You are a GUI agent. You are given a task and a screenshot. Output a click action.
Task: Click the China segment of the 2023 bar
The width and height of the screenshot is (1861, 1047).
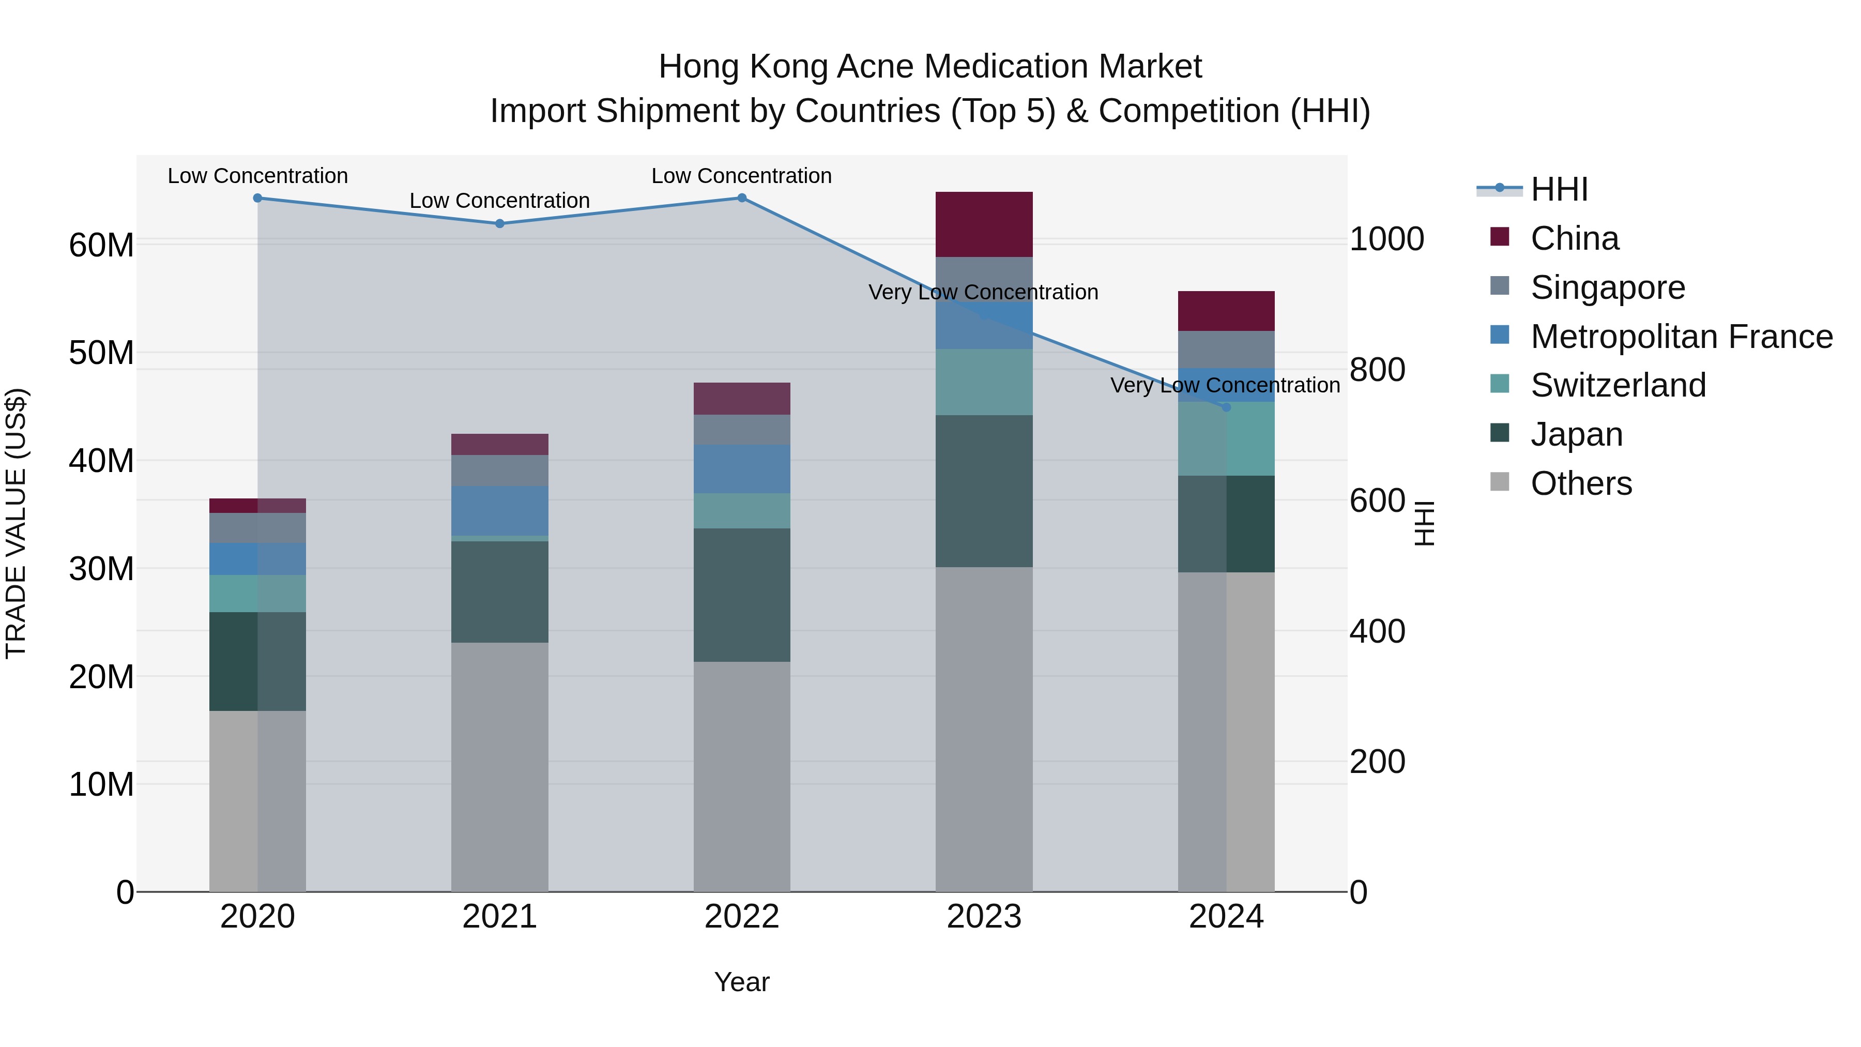[x=983, y=224]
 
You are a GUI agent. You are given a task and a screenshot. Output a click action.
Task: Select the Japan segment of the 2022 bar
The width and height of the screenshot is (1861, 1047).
[x=741, y=595]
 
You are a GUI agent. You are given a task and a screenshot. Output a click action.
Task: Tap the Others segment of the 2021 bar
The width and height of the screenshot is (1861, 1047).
[x=499, y=766]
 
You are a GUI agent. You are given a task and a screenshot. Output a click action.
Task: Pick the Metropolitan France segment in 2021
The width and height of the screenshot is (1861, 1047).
[x=499, y=510]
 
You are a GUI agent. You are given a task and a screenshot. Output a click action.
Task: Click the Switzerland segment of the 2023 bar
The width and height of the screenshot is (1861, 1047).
[x=983, y=382]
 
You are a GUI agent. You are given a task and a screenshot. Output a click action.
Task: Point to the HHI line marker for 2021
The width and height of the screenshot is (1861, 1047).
[x=499, y=223]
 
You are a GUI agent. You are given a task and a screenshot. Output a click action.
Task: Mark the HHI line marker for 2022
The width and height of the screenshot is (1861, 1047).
[x=741, y=198]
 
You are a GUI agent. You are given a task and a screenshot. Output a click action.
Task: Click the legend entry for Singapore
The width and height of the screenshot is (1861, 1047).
[x=1607, y=287]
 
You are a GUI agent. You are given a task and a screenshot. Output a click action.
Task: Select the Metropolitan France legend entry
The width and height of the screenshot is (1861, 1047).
[x=1681, y=337]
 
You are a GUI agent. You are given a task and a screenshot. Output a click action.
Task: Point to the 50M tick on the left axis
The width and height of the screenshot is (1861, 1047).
[x=101, y=353]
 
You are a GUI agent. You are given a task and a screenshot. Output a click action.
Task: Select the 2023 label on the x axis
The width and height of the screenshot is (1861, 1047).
[x=983, y=917]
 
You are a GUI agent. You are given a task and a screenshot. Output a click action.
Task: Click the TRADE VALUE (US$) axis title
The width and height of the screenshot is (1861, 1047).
[x=16, y=523]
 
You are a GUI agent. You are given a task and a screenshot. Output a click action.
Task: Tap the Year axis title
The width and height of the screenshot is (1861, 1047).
[x=741, y=982]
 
